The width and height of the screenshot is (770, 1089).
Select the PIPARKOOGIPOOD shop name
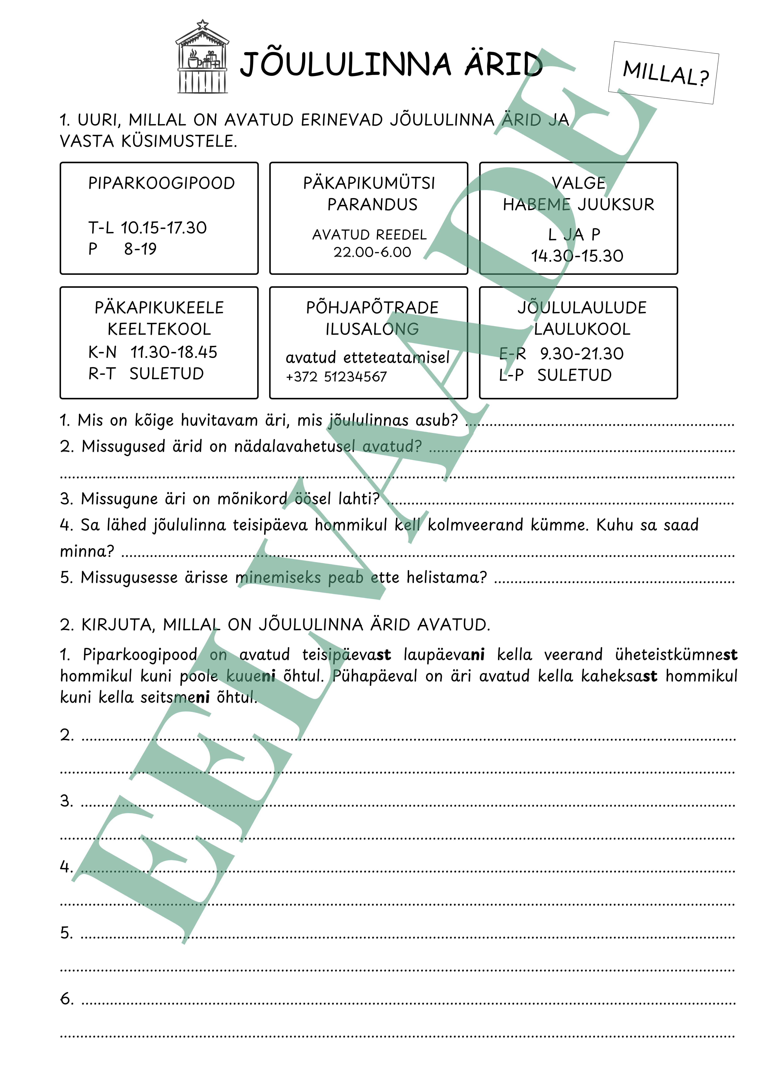tap(161, 183)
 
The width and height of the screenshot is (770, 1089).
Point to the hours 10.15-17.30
tap(164, 228)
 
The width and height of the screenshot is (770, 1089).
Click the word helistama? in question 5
tap(446, 577)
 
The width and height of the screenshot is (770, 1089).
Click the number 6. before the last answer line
tap(66, 999)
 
